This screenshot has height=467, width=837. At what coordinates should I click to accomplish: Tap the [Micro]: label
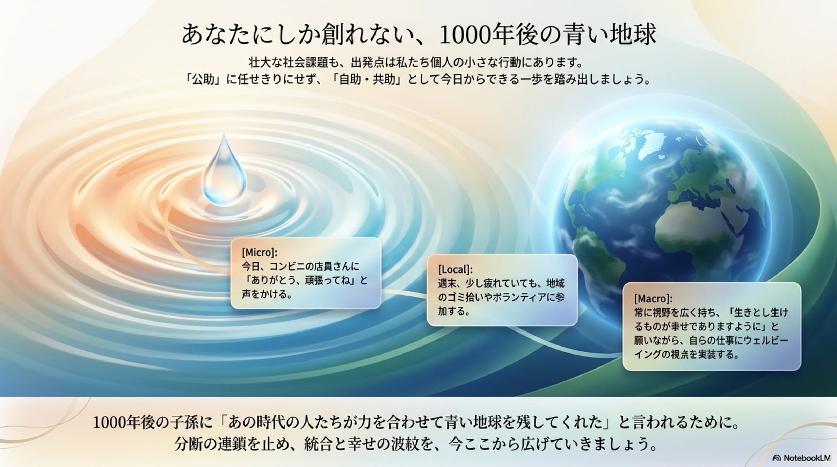click(259, 252)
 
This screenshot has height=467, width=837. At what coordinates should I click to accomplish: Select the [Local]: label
click(455, 269)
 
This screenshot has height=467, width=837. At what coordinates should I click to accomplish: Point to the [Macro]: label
click(653, 298)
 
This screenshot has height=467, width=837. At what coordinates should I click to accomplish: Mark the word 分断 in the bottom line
click(185, 444)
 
